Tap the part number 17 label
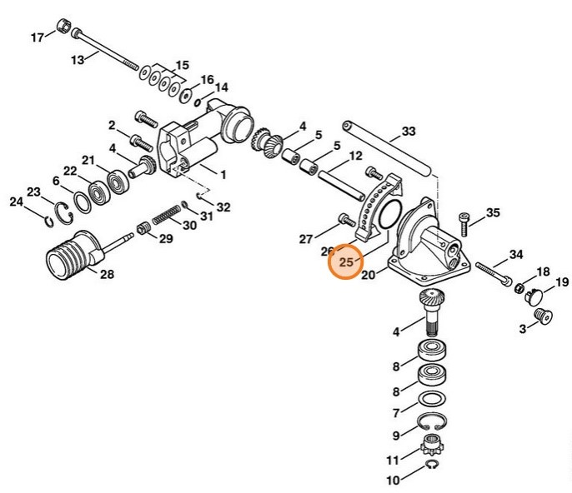point(38,37)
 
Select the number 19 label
point(562,282)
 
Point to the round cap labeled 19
point(535,295)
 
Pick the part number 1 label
point(223,175)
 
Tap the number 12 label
point(355,156)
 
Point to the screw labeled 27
point(344,219)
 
